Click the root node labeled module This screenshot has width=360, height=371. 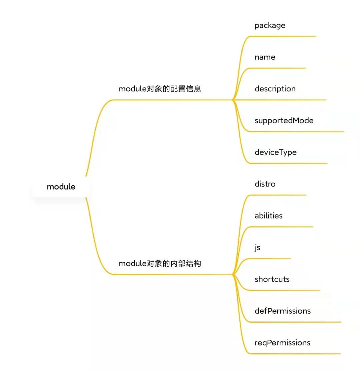[x=61, y=186]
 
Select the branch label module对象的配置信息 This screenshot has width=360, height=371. [x=160, y=89]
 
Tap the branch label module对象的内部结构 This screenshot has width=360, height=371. [x=160, y=263]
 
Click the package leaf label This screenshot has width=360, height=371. [x=270, y=26]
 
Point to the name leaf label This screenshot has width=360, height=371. [x=265, y=57]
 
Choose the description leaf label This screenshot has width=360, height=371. [x=275, y=89]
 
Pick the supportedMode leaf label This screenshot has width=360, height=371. [x=284, y=121]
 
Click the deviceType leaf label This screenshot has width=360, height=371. [x=275, y=152]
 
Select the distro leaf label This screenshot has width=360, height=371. [x=265, y=184]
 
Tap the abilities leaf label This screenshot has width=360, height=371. [x=268, y=216]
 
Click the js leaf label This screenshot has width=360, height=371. [x=257, y=248]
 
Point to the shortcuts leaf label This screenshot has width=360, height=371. [x=272, y=279]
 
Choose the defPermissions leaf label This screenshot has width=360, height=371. [x=282, y=311]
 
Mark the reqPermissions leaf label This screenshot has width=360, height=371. [x=282, y=343]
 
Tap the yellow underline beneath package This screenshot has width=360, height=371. [x=283, y=36]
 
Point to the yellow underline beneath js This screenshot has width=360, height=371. [x=270, y=258]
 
